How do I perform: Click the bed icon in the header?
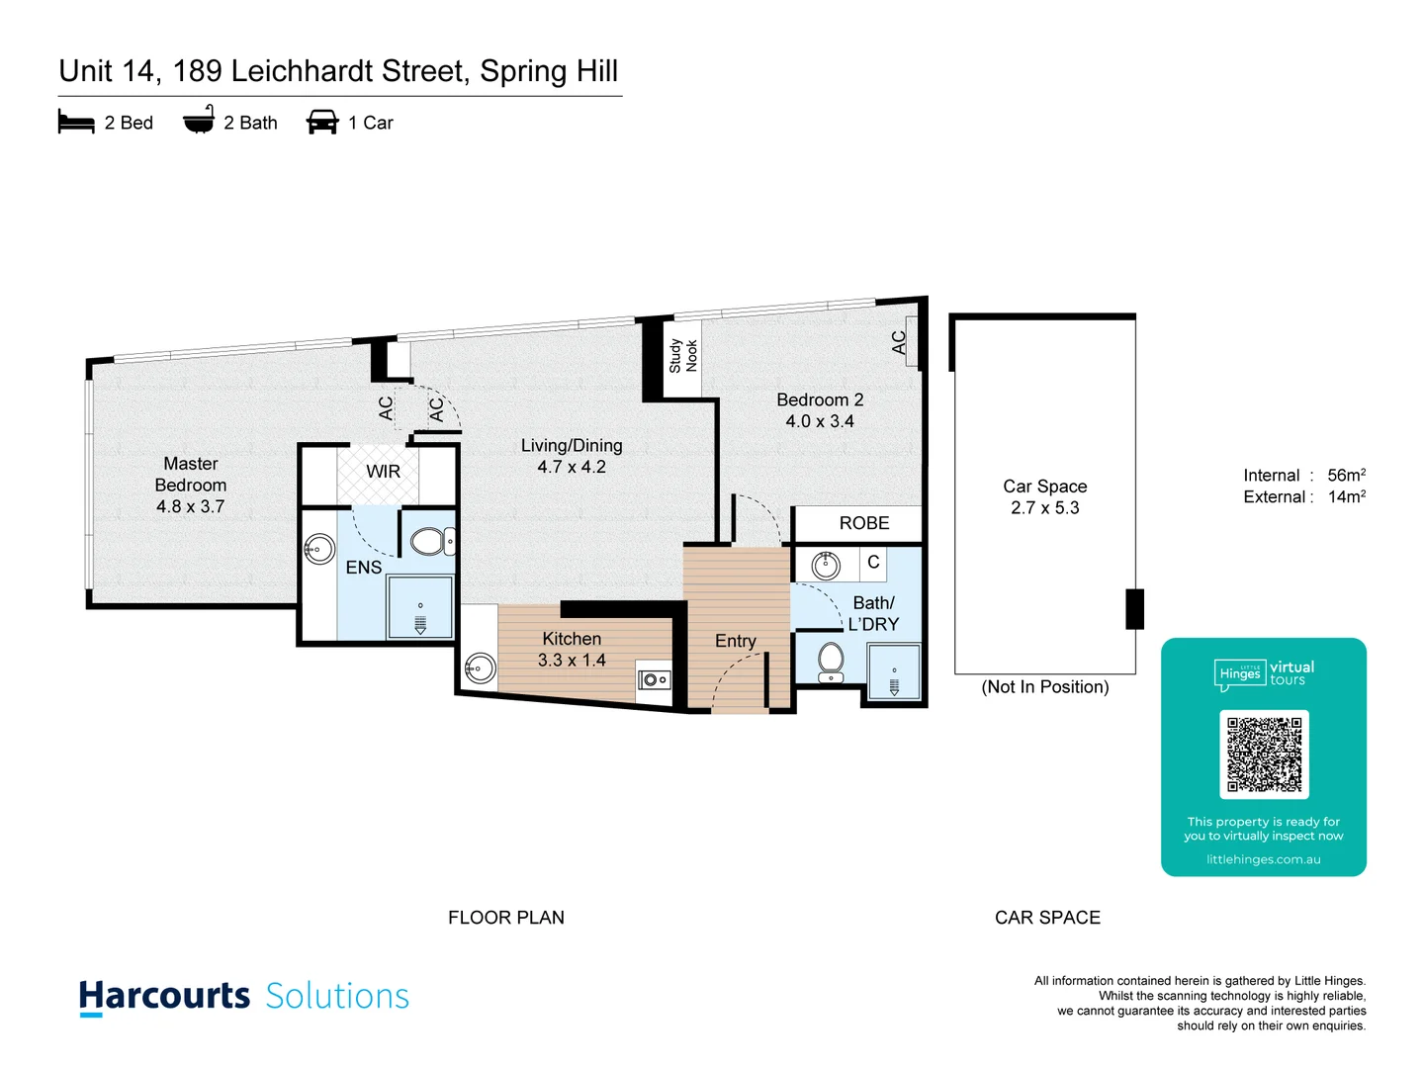76,123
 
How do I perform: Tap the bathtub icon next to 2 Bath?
199,121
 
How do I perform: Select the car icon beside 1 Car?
322,123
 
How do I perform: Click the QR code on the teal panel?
1264,755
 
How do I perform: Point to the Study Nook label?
682,356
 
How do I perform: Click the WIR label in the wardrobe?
383,472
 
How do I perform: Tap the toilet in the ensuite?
430,541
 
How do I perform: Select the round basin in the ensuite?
319,548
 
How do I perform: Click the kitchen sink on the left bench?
480,668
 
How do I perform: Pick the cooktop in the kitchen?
654,678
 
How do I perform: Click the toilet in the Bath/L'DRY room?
830,662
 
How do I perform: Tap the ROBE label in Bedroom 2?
863,523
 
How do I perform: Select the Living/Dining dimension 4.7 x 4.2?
572,467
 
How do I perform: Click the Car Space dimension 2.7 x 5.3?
1044,508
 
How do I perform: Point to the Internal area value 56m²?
1346,476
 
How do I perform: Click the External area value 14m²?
1346,497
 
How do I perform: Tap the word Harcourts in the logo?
164,996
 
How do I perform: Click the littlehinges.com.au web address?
1263,859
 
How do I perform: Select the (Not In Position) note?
1044,687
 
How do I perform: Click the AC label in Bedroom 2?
899,342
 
